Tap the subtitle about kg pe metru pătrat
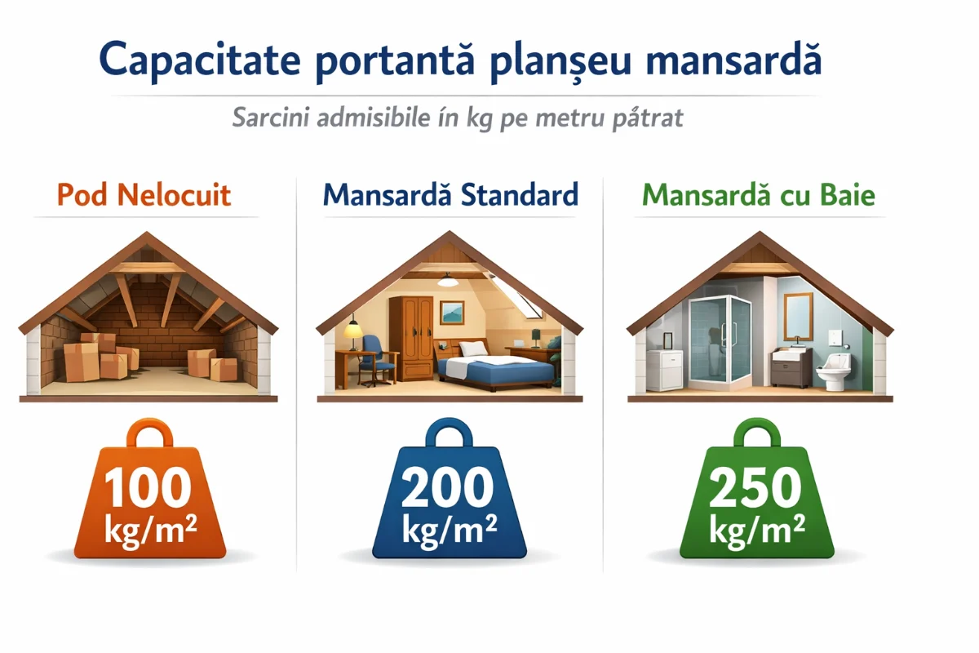click(x=458, y=118)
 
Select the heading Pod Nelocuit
click(x=144, y=195)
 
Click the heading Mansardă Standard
click(x=450, y=195)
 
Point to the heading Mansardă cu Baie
click(x=758, y=195)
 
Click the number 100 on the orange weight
click(x=148, y=488)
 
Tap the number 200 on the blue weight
click(x=449, y=488)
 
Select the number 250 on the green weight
click(x=755, y=488)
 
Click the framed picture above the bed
click(x=453, y=312)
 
